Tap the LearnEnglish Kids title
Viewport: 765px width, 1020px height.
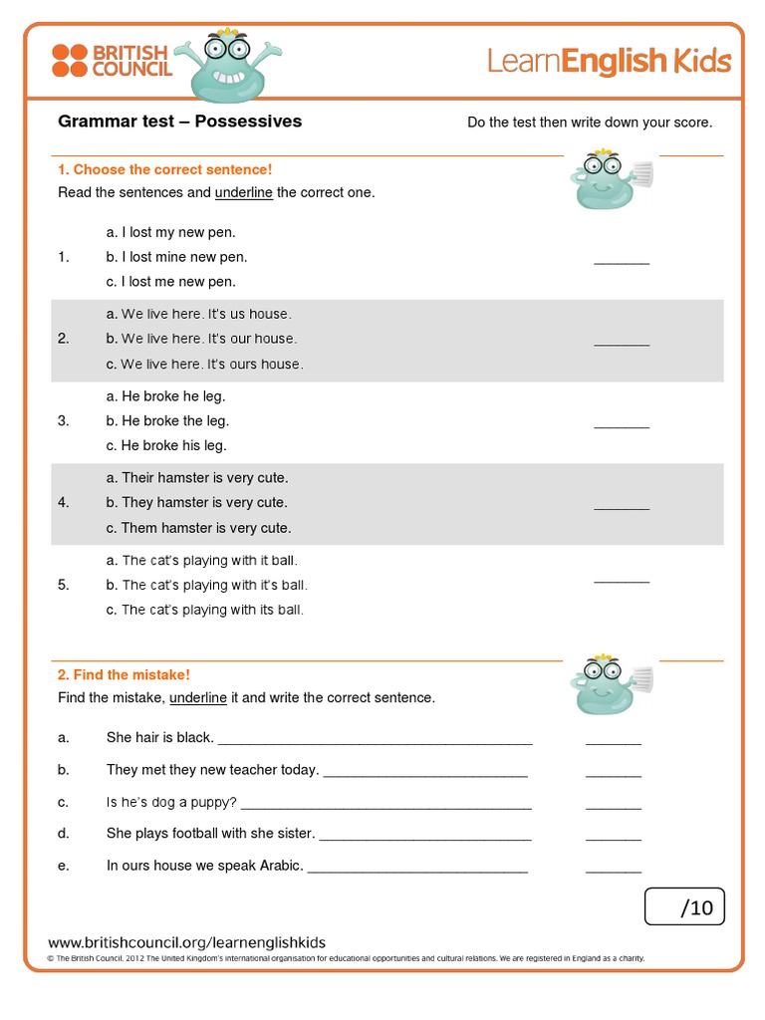coord(609,63)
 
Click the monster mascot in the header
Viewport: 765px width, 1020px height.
coord(223,66)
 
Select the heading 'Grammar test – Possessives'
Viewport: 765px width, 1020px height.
coord(179,122)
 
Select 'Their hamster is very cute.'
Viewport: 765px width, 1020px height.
coord(196,478)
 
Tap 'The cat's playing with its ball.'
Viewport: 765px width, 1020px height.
coord(204,610)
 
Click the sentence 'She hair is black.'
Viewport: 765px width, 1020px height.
coord(159,738)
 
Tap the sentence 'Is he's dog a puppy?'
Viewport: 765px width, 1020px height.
coord(171,802)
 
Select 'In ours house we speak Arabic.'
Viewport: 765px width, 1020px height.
coord(204,866)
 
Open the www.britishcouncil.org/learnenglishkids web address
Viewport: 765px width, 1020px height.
coord(186,942)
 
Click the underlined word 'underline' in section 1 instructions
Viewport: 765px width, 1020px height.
coord(243,192)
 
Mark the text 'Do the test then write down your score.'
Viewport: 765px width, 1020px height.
coord(590,123)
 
